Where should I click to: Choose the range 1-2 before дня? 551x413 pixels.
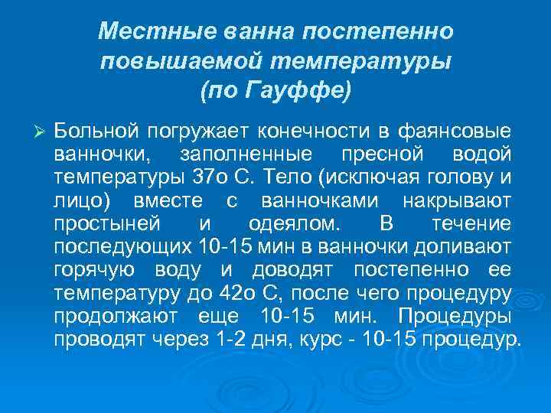[232, 338]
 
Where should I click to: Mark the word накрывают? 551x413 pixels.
[458, 201]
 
